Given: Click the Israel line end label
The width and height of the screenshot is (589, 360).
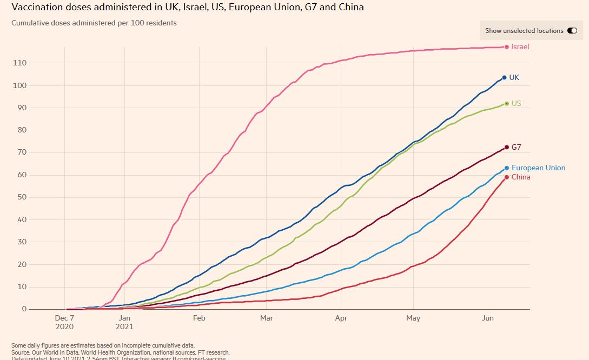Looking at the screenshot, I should tap(520, 47).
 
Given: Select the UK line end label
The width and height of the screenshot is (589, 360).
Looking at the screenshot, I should tap(514, 78).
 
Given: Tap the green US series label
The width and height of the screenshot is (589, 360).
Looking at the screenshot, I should tap(516, 103).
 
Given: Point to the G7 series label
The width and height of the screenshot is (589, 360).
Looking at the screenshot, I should tap(516, 147).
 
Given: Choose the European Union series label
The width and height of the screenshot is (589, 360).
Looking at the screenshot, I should tap(538, 168).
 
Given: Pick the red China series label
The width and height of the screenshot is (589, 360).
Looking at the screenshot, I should tap(521, 177).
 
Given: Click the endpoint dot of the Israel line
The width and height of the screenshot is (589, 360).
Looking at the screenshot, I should tap(507, 47).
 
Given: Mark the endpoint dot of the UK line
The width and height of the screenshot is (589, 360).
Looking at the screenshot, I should tap(504, 78).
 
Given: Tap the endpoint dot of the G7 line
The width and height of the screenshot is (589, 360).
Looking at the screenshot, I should tap(507, 147).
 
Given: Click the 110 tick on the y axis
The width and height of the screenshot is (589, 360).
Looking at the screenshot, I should tap(19, 63).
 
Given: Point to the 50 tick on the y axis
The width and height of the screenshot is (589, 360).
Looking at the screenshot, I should tap(22, 197).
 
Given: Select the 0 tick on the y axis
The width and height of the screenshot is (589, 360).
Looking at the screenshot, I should tap(24, 309).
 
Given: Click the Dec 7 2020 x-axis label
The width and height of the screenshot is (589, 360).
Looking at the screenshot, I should tap(65, 322).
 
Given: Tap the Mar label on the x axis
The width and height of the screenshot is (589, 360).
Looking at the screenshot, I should tap(267, 318).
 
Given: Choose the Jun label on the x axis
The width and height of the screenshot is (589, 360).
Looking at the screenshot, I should tap(488, 318).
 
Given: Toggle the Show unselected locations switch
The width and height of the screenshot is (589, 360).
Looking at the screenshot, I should tap(572, 31).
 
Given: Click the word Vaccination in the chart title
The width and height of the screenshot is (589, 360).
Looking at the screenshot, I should tap(34, 8).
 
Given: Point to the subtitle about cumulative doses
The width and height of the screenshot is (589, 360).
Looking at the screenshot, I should tap(94, 23).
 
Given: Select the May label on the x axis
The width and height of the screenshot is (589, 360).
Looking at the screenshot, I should tap(413, 318).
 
